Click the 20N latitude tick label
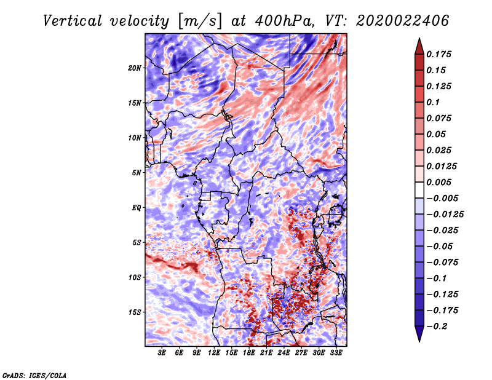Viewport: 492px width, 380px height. pyautogui.click(x=135, y=68)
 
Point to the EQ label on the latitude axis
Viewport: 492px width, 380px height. pyautogui.click(x=136, y=208)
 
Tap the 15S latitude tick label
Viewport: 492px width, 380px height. pyautogui.click(x=135, y=312)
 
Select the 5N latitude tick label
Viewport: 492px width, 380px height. pyautogui.click(x=136, y=173)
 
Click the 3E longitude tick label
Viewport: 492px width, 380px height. pyautogui.click(x=162, y=353)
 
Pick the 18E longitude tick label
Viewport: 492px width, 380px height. pyautogui.click(x=249, y=353)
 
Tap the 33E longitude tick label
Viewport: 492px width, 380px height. pyautogui.click(x=336, y=353)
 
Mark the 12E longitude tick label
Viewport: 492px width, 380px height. pyautogui.click(x=214, y=353)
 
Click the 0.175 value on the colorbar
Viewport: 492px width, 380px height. pyautogui.click(x=438, y=54)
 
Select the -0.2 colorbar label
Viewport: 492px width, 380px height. pyautogui.click(x=437, y=327)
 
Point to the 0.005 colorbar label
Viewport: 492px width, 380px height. pyautogui.click(x=438, y=182)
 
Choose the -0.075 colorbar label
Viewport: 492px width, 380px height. pyautogui.click(x=442, y=263)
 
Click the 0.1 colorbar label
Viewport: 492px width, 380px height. pyautogui.click(x=433, y=102)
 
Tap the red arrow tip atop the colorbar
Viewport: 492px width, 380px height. pyautogui.click(x=419, y=38)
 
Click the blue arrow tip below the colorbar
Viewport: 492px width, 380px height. pyautogui.click(x=419, y=341)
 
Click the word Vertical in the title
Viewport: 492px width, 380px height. pyautogui.click(x=72, y=21)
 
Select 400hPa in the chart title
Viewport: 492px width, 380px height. pyautogui.click(x=284, y=21)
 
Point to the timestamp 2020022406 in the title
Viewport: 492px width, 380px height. pyautogui.click(x=402, y=21)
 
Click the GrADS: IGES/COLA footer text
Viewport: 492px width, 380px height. pyautogui.click(x=34, y=375)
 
